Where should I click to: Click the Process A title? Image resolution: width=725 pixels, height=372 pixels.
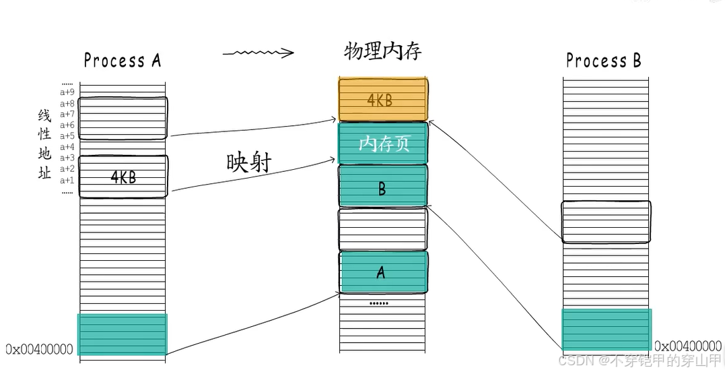[x=122, y=61]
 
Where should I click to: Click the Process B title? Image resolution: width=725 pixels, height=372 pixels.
[x=603, y=61]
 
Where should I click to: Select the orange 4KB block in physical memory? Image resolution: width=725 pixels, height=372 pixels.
[x=382, y=100]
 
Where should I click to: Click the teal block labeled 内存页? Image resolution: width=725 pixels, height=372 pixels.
[x=382, y=143]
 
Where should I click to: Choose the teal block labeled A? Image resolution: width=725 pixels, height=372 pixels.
[x=382, y=272]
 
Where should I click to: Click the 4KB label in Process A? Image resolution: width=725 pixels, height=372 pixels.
[x=123, y=177]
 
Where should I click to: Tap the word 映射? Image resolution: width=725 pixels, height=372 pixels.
[x=249, y=162]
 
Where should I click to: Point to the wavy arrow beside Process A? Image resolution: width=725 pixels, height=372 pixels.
[x=258, y=53]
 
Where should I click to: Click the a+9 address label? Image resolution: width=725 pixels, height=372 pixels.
[x=67, y=92]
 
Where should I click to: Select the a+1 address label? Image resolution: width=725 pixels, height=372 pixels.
[x=67, y=180]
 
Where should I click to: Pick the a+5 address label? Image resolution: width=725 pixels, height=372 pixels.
[x=67, y=136]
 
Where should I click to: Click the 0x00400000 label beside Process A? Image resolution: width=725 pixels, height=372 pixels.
[x=39, y=349]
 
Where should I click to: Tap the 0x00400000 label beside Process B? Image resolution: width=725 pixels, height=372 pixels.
[x=688, y=346]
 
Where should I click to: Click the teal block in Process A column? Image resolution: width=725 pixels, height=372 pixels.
[x=123, y=334]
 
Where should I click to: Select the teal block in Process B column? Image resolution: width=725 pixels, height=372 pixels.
[x=606, y=330]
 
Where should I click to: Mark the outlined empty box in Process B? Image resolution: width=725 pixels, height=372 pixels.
[x=606, y=222]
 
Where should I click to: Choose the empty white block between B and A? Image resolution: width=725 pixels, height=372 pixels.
[x=382, y=229]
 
